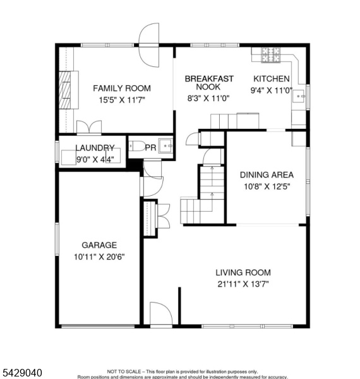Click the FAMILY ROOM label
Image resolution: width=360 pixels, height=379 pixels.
pyautogui.click(x=122, y=88)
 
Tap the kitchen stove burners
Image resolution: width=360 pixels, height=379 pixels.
pyautogui.click(x=271, y=55)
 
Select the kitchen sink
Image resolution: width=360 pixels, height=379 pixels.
pyautogui.click(x=299, y=97)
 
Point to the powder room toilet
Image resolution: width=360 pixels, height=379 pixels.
pyautogui.click(x=137, y=147)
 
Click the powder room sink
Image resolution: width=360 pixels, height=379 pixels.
pyautogui.click(x=165, y=146)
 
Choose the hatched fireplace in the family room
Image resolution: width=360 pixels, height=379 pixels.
pyautogui.click(x=65, y=90)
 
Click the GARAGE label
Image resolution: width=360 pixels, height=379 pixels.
pyautogui.click(x=99, y=245)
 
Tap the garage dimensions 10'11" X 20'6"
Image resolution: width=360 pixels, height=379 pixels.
pyautogui.click(x=99, y=256)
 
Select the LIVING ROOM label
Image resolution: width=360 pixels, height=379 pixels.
pyautogui.click(x=243, y=272)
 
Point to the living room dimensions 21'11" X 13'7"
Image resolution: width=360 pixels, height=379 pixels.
pyautogui.click(x=243, y=284)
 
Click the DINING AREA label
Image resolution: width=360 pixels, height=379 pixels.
pyautogui.click(x=267, y=175)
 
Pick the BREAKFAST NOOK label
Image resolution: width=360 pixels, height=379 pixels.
pyautogui.click(x=209, y=83)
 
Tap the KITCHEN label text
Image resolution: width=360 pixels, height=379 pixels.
pyautogui.click(x=272, y=78)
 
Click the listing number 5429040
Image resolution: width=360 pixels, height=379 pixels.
pyautogui.click(x=21, y=373)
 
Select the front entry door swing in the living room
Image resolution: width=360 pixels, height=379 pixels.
pyautogui.click(x=161, y=313)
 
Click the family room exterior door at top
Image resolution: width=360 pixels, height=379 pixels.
pyautogui.click(x=149, y=45)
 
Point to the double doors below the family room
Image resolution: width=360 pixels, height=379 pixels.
pyautogui.click(x=89, y=127)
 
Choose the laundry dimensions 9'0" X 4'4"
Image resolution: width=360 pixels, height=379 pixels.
pyautogui.click(x=95, y=159)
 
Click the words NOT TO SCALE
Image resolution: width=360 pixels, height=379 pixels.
pyautogui.click(x=123, y=371)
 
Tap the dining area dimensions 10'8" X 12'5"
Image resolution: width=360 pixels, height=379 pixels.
pyautogui.click(x=267, y=186)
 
